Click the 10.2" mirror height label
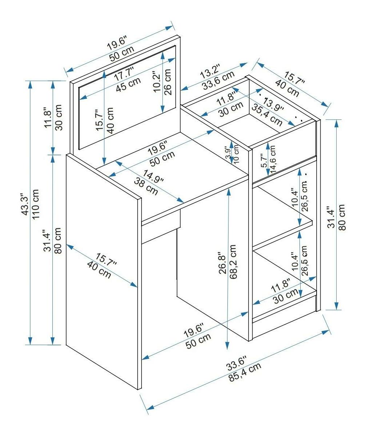click(x=157, y=82)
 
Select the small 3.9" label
click(x=228, y=153)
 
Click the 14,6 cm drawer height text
click(x=273, y=158)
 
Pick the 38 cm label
click(x=147, y=186)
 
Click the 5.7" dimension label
click(x=264, y=160)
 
